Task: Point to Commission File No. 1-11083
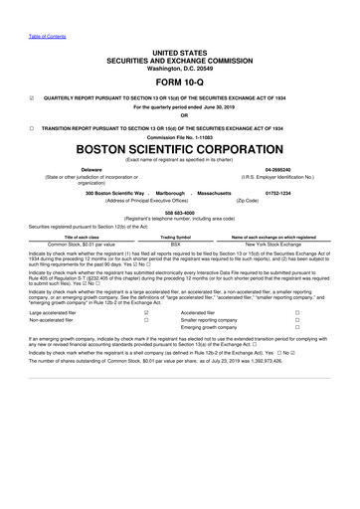179,137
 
